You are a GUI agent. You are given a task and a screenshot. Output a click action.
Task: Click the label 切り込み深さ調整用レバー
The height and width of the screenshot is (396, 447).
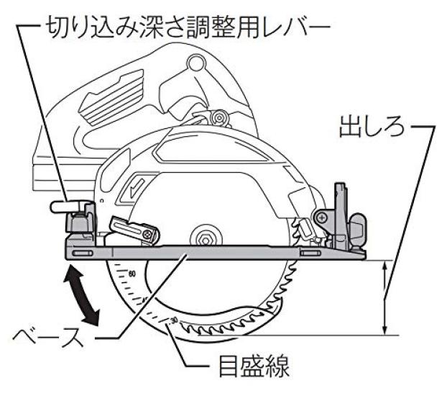point(188,28)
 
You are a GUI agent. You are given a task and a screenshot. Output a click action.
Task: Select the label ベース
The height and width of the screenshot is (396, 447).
point(48,338)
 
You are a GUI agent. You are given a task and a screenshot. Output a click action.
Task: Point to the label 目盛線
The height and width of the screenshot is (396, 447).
point(254,366)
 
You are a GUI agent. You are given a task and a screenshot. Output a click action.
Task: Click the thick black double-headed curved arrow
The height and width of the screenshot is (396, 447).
point(81,296)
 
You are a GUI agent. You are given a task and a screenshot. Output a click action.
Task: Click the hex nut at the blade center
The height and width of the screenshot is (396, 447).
point(206,240)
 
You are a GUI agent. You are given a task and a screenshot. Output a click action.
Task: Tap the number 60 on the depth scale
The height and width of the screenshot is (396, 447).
point(132,274)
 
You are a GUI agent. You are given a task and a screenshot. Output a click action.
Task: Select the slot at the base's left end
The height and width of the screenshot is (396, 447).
point(82,253)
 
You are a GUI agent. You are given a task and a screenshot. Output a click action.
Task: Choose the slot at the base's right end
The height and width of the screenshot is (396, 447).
point(310,253)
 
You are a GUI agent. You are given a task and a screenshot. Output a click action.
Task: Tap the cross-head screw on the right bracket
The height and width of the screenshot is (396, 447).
point(321,218)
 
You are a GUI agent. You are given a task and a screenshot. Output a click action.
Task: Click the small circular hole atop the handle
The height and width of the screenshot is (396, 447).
point(196,63)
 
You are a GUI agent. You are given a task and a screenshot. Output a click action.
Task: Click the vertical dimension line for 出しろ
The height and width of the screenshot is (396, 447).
point(385,297)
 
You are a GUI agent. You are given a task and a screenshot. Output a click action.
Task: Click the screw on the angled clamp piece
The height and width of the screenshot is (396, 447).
point(147,234)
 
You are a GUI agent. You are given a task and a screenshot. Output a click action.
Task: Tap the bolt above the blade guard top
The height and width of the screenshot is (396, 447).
point(219,117)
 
